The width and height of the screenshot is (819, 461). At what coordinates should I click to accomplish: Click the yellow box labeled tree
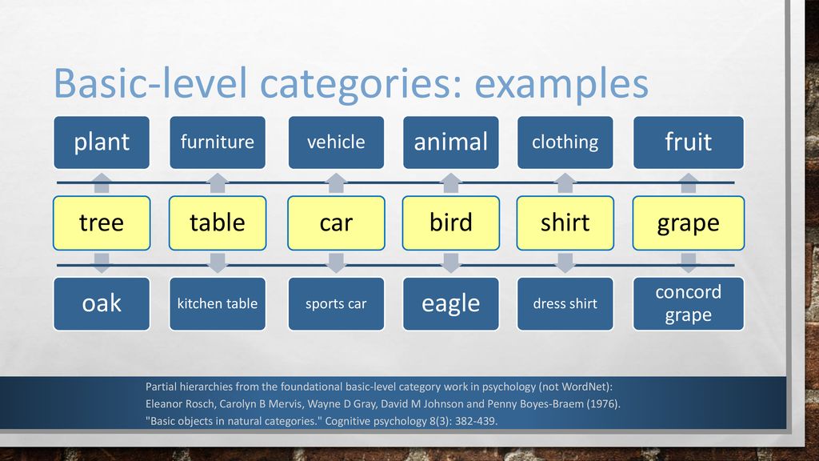click(102, 223)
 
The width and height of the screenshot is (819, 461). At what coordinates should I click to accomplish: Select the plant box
click(102, 142)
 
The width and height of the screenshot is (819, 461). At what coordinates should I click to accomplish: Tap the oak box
click(102, 303)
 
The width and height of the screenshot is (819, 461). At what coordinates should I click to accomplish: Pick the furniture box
click(218, 142)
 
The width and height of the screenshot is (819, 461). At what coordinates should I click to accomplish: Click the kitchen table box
click(218, 303)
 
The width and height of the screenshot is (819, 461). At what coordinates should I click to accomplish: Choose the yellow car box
click(336, 223)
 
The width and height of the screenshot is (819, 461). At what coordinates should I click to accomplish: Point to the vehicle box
click(336, 142)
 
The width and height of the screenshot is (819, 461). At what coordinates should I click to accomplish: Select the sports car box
click(336, 303)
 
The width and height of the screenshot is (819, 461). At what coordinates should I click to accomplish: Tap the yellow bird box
click(451, 223)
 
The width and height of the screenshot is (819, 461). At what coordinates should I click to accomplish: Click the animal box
click(451, 142)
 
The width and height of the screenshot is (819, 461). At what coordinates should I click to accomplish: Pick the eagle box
click(451, 303)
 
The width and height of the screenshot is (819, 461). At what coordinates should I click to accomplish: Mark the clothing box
click(565, 142)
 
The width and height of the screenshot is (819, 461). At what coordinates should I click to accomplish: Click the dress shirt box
click(565, 303)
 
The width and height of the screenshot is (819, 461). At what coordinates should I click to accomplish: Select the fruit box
click(689, 142)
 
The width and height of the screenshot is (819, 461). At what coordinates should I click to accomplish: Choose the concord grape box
click(689, 303)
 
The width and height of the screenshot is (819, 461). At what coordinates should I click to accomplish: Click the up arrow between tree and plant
click(102, 183)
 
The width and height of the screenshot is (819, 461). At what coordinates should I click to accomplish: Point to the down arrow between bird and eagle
click(451, 263)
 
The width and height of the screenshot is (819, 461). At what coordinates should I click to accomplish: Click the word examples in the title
click(561, 83)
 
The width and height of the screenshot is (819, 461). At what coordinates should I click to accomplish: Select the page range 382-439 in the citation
click(476, 421)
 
